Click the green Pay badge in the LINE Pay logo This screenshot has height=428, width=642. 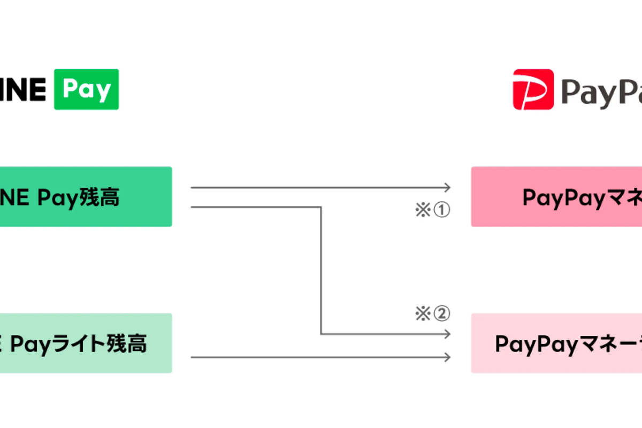click(86, 89)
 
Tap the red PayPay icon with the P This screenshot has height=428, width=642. click(533, 89)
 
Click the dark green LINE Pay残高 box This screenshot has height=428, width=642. click(86, 196)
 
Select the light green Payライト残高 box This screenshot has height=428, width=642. click(86, 343)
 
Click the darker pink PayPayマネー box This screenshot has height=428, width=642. click(556, 196)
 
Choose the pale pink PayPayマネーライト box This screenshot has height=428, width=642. click(556, 343)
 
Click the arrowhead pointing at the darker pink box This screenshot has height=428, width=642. click(447, 188)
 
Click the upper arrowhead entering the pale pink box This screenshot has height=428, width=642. click(447, 334)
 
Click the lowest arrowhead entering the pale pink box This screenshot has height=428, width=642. click(447, 357)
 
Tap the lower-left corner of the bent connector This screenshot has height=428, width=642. click(321, 334)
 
